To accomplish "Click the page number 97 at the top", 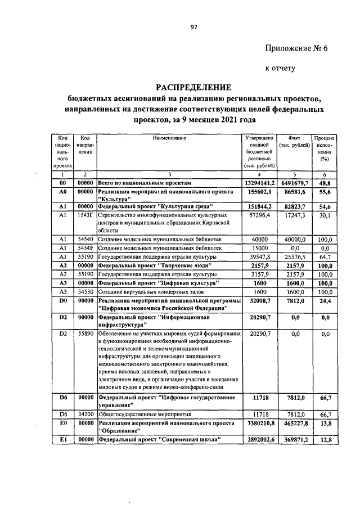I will point(193,27).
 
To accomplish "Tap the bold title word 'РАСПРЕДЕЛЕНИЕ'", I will point(193,87).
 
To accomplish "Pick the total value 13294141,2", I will point(259,183).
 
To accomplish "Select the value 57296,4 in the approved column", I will point(258,215).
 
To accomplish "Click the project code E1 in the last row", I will point(63,439).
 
